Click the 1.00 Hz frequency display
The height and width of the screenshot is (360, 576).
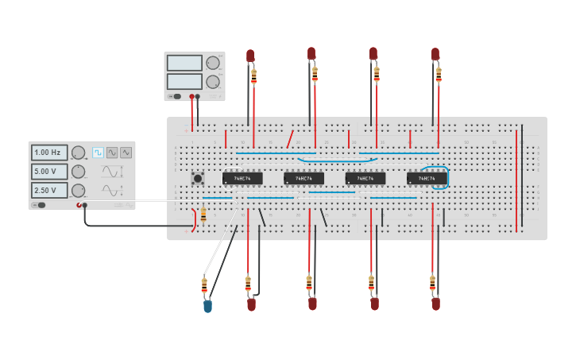(49, 153)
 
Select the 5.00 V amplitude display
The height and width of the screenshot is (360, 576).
(49, 172)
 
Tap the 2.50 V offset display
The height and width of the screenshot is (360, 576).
(49, 191)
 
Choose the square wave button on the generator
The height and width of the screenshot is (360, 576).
(98, 153)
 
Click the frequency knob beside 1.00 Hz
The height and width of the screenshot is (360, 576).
(78, 153)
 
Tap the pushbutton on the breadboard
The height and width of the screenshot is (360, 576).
(197, 179)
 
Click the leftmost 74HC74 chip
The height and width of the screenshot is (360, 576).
(242, 179)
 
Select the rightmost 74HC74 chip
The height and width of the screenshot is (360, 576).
(427, 179)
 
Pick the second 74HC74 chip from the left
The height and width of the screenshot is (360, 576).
(303, 179)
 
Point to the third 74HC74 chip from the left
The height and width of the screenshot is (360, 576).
(365, 179)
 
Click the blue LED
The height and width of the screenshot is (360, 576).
(207, 306)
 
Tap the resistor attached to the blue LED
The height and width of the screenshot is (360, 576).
(204, 285)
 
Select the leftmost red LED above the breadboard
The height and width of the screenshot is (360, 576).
(250, 56)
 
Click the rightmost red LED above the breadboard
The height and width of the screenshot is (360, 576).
(435, 54)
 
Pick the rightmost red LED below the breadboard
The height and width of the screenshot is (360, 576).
(435, 303)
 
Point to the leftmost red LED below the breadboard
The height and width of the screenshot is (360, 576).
(251, 304)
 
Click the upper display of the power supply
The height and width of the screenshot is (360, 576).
(184, 63)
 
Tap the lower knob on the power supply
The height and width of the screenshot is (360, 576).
(212, 82)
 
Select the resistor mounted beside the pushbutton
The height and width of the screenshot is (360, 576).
(203, 215)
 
